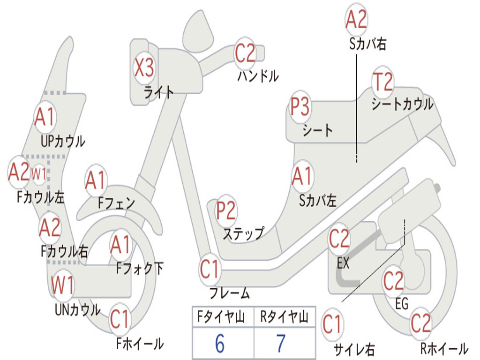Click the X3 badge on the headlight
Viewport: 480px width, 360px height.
click(144, 67)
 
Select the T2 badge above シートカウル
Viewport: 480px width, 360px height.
click(382, 82)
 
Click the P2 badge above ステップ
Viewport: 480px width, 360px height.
click(226, 210)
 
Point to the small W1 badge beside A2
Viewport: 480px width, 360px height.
click(39, 174)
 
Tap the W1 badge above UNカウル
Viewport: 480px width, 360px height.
click(62, 285)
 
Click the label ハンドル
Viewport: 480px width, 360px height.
click(258, 75)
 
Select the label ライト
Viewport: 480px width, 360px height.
click(159, 92)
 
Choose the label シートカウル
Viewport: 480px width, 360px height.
click(403, 104)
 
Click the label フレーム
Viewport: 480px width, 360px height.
click(230, 293)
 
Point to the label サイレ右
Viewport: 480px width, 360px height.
click(354, 349)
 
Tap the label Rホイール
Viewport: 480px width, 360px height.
click(444, 348)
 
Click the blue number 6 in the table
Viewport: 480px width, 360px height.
click(220, 344)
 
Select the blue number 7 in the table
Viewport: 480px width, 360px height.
click(281, 344)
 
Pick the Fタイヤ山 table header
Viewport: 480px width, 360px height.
click(221, 317)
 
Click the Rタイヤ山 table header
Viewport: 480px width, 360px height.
click(284, 317)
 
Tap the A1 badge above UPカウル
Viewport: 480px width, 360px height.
click(45, 117)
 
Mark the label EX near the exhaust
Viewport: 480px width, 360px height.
click(343, 263)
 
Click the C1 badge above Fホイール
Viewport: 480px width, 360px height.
click(120, 319)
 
